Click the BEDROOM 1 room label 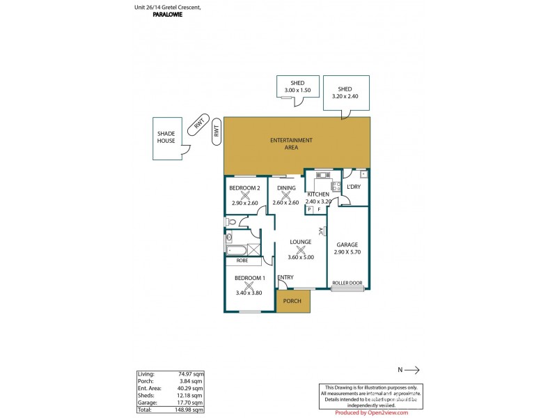pos(249,278)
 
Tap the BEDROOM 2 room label pos(244,188)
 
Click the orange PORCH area pos(292,302)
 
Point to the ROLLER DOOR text pos(347,284)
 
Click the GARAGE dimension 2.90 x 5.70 pos(347,252)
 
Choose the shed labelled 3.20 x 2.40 pos(345,93)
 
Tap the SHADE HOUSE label pos(166,137)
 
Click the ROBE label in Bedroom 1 pos(242,260)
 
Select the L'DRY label pos(353,188)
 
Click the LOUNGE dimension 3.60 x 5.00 pos(301,257)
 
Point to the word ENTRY pos(285,277)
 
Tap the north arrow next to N pos(411,371)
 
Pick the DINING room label pos(286,188)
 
